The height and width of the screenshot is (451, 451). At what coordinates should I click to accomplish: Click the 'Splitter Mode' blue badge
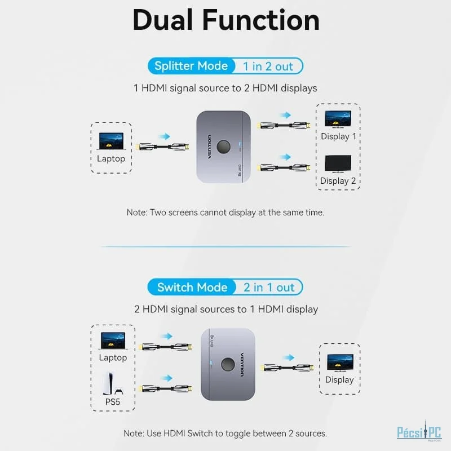191,66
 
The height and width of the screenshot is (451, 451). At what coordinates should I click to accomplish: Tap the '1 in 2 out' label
268,67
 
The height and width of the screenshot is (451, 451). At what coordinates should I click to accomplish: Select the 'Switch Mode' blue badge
192,288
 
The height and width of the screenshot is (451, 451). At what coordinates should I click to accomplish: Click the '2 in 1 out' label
269,288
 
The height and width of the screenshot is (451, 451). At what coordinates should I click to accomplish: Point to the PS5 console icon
113,383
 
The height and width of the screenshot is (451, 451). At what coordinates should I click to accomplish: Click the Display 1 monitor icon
338,119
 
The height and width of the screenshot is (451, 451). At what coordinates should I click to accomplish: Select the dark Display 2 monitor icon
338,163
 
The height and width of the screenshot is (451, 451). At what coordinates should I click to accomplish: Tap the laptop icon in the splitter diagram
111,142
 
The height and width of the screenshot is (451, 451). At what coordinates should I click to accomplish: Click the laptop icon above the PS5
113,341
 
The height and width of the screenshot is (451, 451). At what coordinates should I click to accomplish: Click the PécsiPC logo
419,431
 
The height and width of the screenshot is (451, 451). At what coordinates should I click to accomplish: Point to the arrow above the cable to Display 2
285,157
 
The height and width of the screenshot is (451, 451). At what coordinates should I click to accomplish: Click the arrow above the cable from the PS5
167,378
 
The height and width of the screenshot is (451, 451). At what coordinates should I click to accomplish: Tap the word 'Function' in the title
261,20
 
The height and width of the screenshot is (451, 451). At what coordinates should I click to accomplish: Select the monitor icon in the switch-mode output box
340,362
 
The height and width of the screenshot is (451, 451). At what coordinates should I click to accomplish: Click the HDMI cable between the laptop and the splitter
162,147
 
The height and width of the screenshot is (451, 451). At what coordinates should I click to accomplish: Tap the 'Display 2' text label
338,181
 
